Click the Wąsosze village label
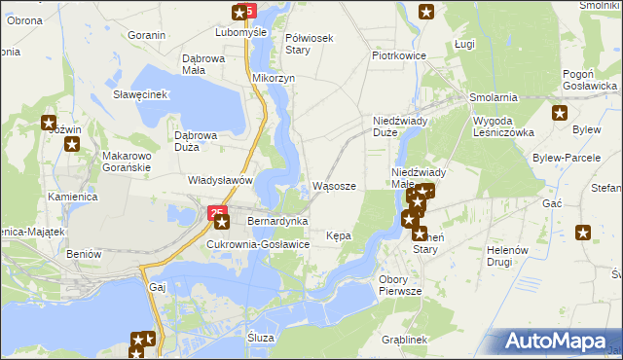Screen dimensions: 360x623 coord(340,186)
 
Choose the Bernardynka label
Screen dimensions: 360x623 coord(277,222)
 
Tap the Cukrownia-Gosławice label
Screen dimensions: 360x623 coord(258,244)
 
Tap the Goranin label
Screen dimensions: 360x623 coord(146,35)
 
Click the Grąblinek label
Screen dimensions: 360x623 coord(405,340)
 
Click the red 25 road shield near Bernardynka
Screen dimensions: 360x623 coord(215,210)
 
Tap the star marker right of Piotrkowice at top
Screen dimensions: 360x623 coord(426,12)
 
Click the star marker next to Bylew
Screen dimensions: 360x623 coord(560,113)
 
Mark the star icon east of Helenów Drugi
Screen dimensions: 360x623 coord(583,233)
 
